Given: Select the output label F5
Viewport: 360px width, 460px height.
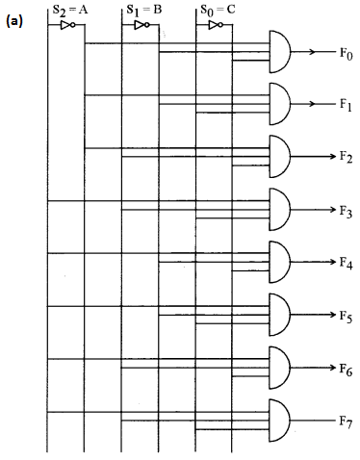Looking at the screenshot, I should click(346, 317).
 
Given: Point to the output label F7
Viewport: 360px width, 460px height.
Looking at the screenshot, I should click(346, 423).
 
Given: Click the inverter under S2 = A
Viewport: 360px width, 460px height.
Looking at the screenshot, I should click(66, 26).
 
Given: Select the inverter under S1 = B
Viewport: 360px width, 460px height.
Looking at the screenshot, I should click(141, 26).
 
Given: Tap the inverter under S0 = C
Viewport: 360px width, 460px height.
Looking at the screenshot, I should click(216, 26).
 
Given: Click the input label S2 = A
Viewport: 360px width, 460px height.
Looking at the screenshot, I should click(70, 11).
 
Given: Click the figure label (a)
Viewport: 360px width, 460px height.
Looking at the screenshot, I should click(14, 18).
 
